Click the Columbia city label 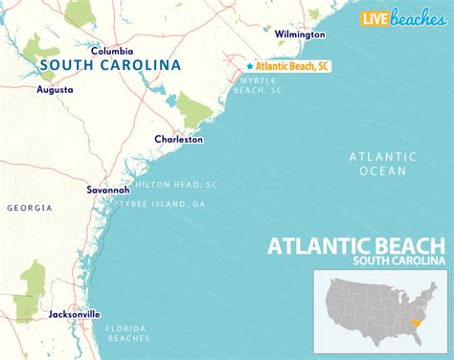(x=112, y=50)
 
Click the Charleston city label (x=178, y=139)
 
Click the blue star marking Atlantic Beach (x=249, y=66)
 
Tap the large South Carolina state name (x=110, y=66)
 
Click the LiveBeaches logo (x=400, y=17)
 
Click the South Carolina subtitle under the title (x=397, y=260)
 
